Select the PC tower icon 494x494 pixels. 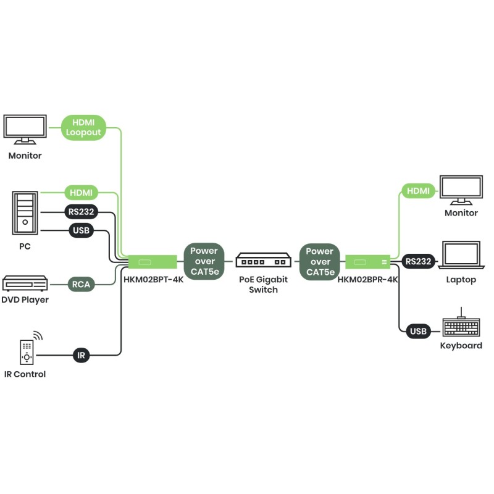point(25,214)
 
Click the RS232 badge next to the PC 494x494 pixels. point(81,212)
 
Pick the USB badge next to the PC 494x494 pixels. point(81,232)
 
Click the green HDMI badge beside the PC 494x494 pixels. point(81,193)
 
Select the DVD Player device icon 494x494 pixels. point(25,284)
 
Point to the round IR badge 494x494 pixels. point(82,355)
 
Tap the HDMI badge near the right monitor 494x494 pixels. point(418,191)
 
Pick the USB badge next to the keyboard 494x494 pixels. point(418,332)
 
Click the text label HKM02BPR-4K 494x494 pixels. point(367,279)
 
